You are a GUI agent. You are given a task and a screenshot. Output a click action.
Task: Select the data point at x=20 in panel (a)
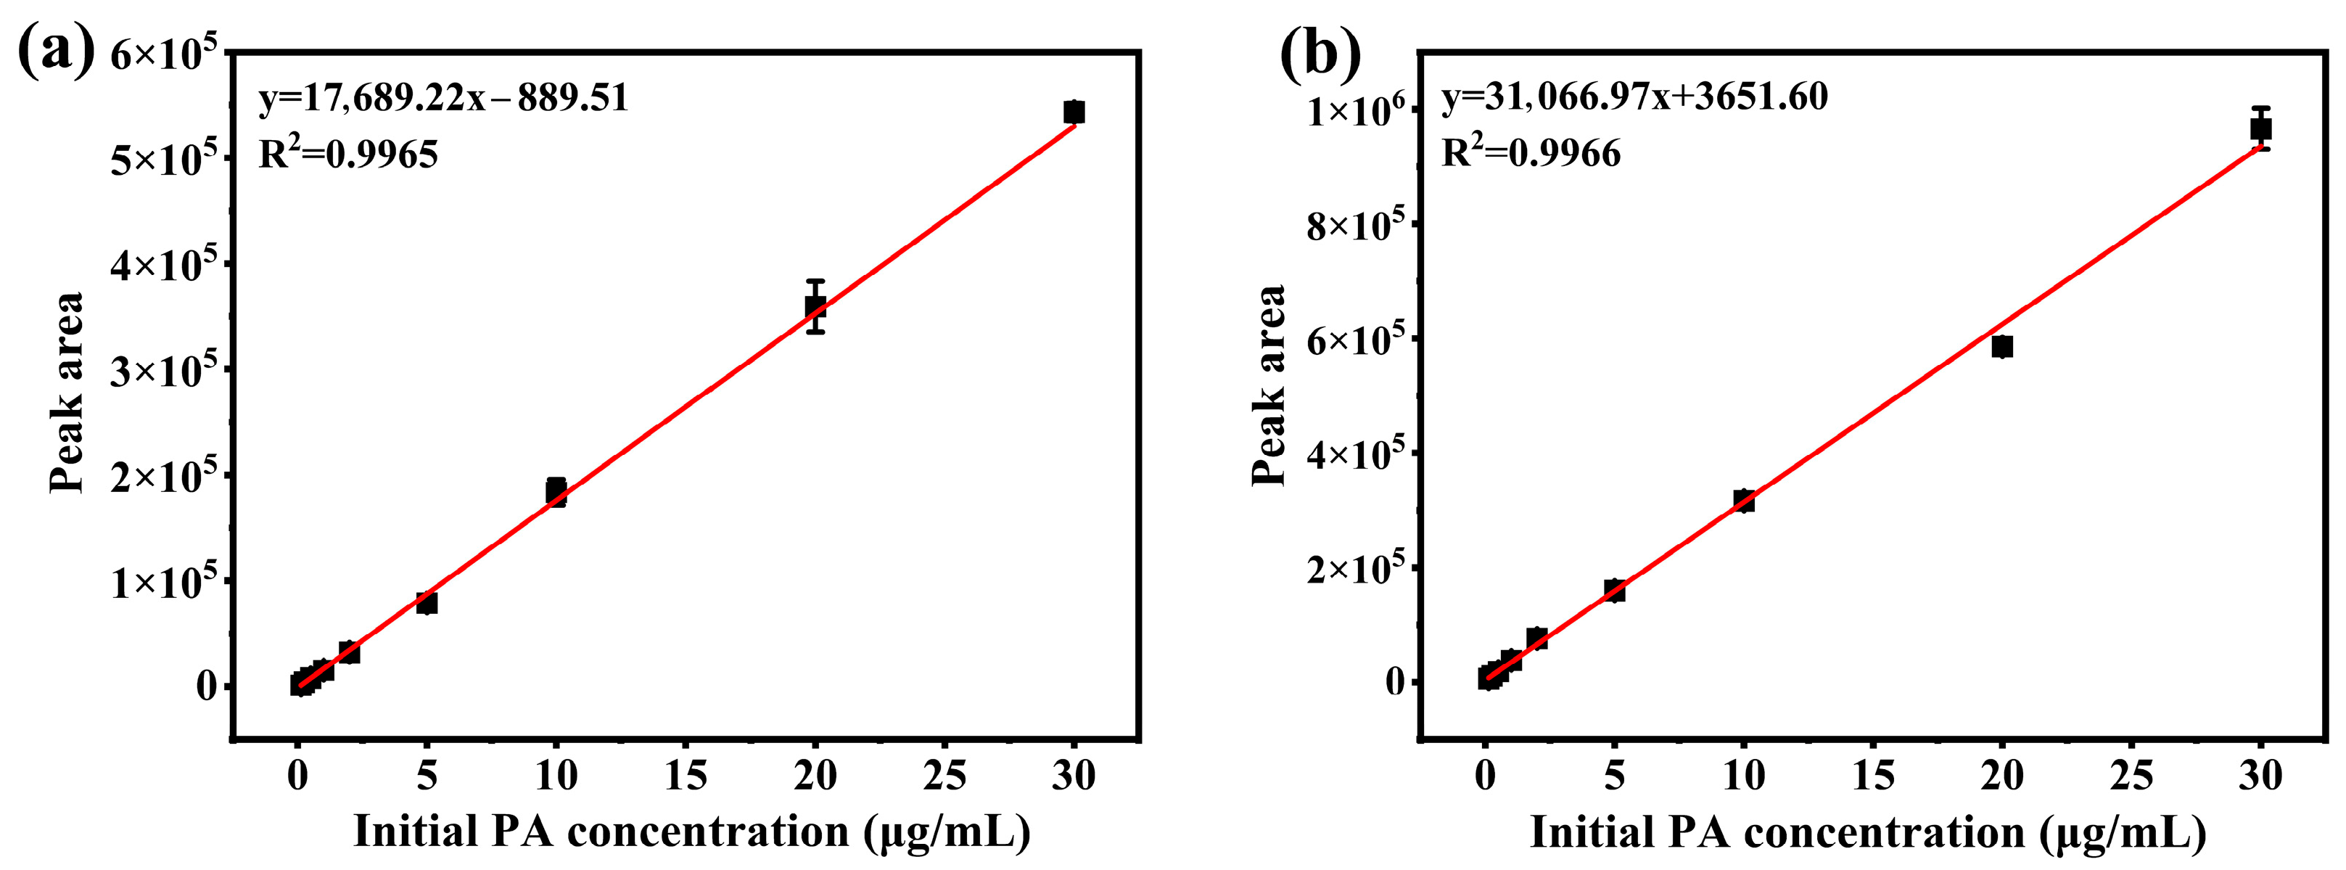(x=815, y=306)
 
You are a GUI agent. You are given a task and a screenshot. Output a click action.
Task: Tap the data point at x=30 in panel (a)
(x=1074, y=112)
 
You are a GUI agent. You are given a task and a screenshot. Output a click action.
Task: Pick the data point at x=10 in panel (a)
(x=556, y=492)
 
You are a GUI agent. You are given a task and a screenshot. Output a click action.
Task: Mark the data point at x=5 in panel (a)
(x=427, y=602)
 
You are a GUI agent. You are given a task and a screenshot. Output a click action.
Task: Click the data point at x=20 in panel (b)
(x=2001, y=346)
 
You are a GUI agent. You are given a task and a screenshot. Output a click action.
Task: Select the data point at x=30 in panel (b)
(x=2260, y=128)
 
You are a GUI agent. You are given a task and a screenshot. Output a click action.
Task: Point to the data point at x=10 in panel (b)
(x=1744, y=500)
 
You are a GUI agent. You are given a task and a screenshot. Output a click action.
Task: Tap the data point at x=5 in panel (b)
(x=1615, y=591)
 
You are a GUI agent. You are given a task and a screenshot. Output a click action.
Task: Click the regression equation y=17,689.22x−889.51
(x=443, y=97)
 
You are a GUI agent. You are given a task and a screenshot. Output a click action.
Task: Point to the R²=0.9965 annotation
(x=348, y=153)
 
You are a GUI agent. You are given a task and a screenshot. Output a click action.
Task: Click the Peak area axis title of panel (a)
(x=67, y=393)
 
